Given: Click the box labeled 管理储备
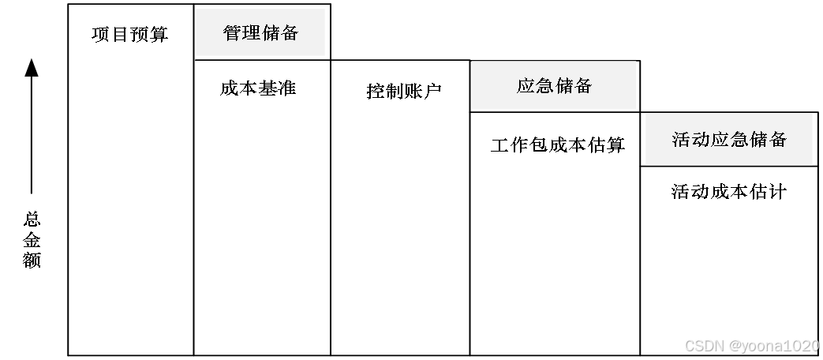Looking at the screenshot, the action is coord(260,32).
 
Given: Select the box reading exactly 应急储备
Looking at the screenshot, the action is coord(554,85).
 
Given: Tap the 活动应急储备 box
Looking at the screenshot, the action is coord(729,139).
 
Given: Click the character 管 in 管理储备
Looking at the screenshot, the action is coord(233,33).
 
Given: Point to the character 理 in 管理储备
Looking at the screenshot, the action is coord(252,33).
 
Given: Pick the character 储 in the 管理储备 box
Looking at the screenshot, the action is coord(270,33).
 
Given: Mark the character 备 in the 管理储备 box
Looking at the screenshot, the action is coord(289,33).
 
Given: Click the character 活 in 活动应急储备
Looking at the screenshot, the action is coord(681,140).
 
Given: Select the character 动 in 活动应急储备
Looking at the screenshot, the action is coord(701,140).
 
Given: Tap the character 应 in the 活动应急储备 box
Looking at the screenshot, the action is coord(720,140).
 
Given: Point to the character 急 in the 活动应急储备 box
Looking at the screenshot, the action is coord(739,140).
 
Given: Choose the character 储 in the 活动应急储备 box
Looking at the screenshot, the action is coord(758,140).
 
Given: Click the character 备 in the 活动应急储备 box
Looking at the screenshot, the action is coord(778,140).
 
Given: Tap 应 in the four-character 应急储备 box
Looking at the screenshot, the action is coord(526,86).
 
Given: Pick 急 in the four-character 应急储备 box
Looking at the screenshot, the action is coord(544,86).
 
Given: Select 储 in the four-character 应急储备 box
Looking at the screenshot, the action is coord(563,86).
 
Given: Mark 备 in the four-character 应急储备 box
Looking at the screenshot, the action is coord(583,86).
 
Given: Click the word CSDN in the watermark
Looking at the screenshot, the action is coord(703,346).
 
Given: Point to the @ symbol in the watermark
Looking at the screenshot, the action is coord(735,346).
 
